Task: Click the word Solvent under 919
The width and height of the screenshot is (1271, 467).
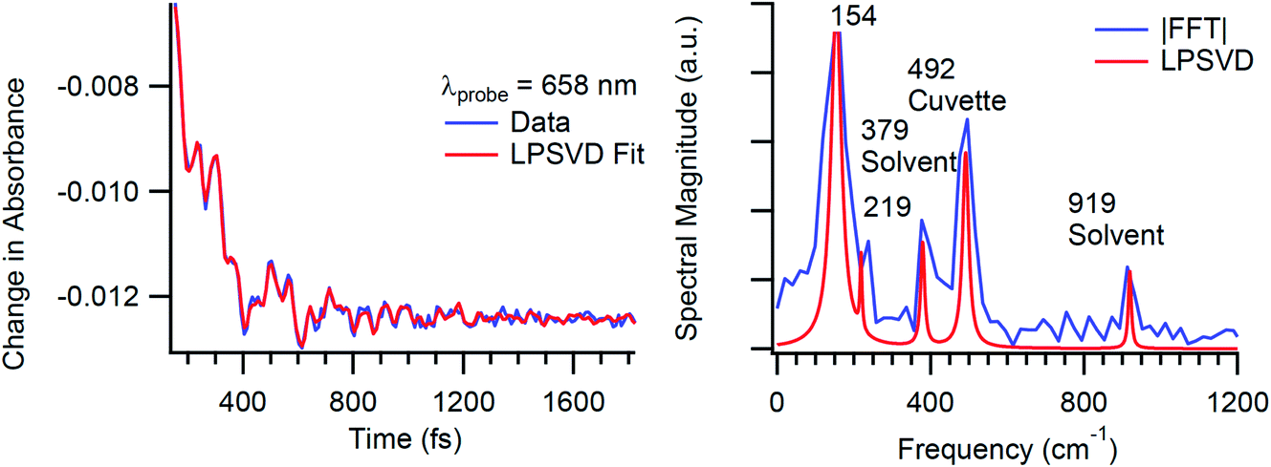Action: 1116,234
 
